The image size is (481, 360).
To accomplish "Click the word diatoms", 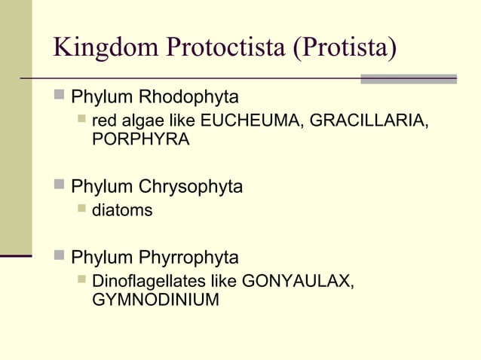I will pyautogui.click(x=122, y=211).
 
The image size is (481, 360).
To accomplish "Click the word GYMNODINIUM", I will pyautogui.click(x=155, y=301).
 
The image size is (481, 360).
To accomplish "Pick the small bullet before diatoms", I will pyautogui.click(x=81, y=210).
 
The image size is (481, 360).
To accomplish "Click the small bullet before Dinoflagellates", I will pyautogui.click(x=81, y=281).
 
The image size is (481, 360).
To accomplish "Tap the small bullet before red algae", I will pyautogui.click(x=81, y=121).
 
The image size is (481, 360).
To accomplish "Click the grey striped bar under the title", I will pyautogui.click(x=409, y=78).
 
